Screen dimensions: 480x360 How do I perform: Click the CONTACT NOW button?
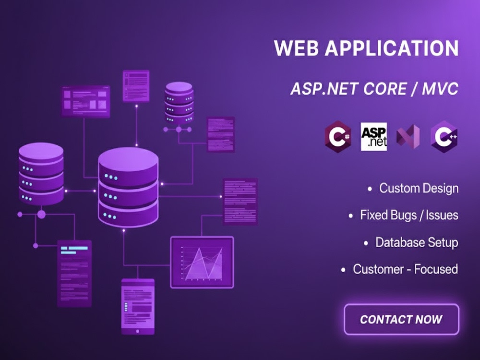coord(401,319)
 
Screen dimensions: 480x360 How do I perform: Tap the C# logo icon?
coord(338,136)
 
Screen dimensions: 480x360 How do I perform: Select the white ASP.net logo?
coord(374,136)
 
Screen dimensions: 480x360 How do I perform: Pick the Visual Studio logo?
coord(408,137)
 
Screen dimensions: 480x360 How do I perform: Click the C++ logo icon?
coord(444,136)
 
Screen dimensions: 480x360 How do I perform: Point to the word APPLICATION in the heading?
coord(392,48)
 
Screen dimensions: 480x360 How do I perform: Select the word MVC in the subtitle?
coord(440,89)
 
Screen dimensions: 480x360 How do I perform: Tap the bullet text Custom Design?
coord(419,188)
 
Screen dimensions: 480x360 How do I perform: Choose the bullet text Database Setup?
coord(417,242)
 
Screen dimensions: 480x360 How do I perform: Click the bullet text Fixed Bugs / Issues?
coord(409,215)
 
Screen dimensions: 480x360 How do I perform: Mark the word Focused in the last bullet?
coord(436,269)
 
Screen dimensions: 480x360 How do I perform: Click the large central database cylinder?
coord(128,187)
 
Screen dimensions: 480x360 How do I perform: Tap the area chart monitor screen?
coord(202,263)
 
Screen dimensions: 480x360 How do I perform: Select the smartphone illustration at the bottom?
coord(138,306)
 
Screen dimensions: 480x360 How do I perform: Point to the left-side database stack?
coord(41,174)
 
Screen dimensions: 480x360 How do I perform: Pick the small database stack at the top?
coord(179,103)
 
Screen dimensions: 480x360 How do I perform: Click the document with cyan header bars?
coord(74,274)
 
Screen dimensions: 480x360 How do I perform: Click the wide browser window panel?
coord(86,101)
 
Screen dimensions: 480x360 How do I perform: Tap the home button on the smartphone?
coord(137,331)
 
